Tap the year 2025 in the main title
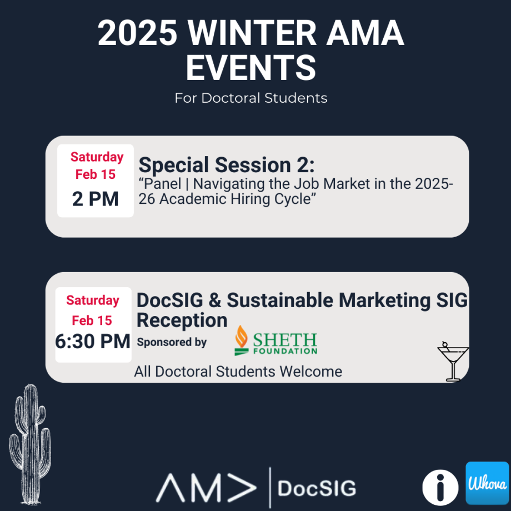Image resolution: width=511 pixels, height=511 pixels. tap(138, 34)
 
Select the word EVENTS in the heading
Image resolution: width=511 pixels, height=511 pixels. tap(251, 68)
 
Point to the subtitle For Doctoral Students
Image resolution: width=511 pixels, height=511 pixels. tap(251, 98)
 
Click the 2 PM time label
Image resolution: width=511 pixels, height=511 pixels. tap(96, 198)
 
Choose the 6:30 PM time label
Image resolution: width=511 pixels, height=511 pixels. tap(93, 341)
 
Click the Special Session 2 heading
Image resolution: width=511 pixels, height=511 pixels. tap(227, 165)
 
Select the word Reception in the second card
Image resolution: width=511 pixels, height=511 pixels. tap(182, 320)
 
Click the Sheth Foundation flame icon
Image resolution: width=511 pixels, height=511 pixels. tap(242, 339)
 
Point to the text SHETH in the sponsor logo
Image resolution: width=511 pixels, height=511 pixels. tap(284, 339)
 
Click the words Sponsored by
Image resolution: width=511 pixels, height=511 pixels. tap(172, 342)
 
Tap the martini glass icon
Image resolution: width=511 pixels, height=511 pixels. tap(452, 362)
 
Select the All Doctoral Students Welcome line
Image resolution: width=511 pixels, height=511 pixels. tap(238, 371)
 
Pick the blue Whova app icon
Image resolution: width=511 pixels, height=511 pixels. tap(487, 483)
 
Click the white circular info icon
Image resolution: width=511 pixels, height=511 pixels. tap(440, 488)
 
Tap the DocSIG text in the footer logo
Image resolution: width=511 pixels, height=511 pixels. tap(317, 488)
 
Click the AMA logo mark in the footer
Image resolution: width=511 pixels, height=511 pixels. tap(206, 488)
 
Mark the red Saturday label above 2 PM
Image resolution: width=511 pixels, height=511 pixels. tap(96, 157)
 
